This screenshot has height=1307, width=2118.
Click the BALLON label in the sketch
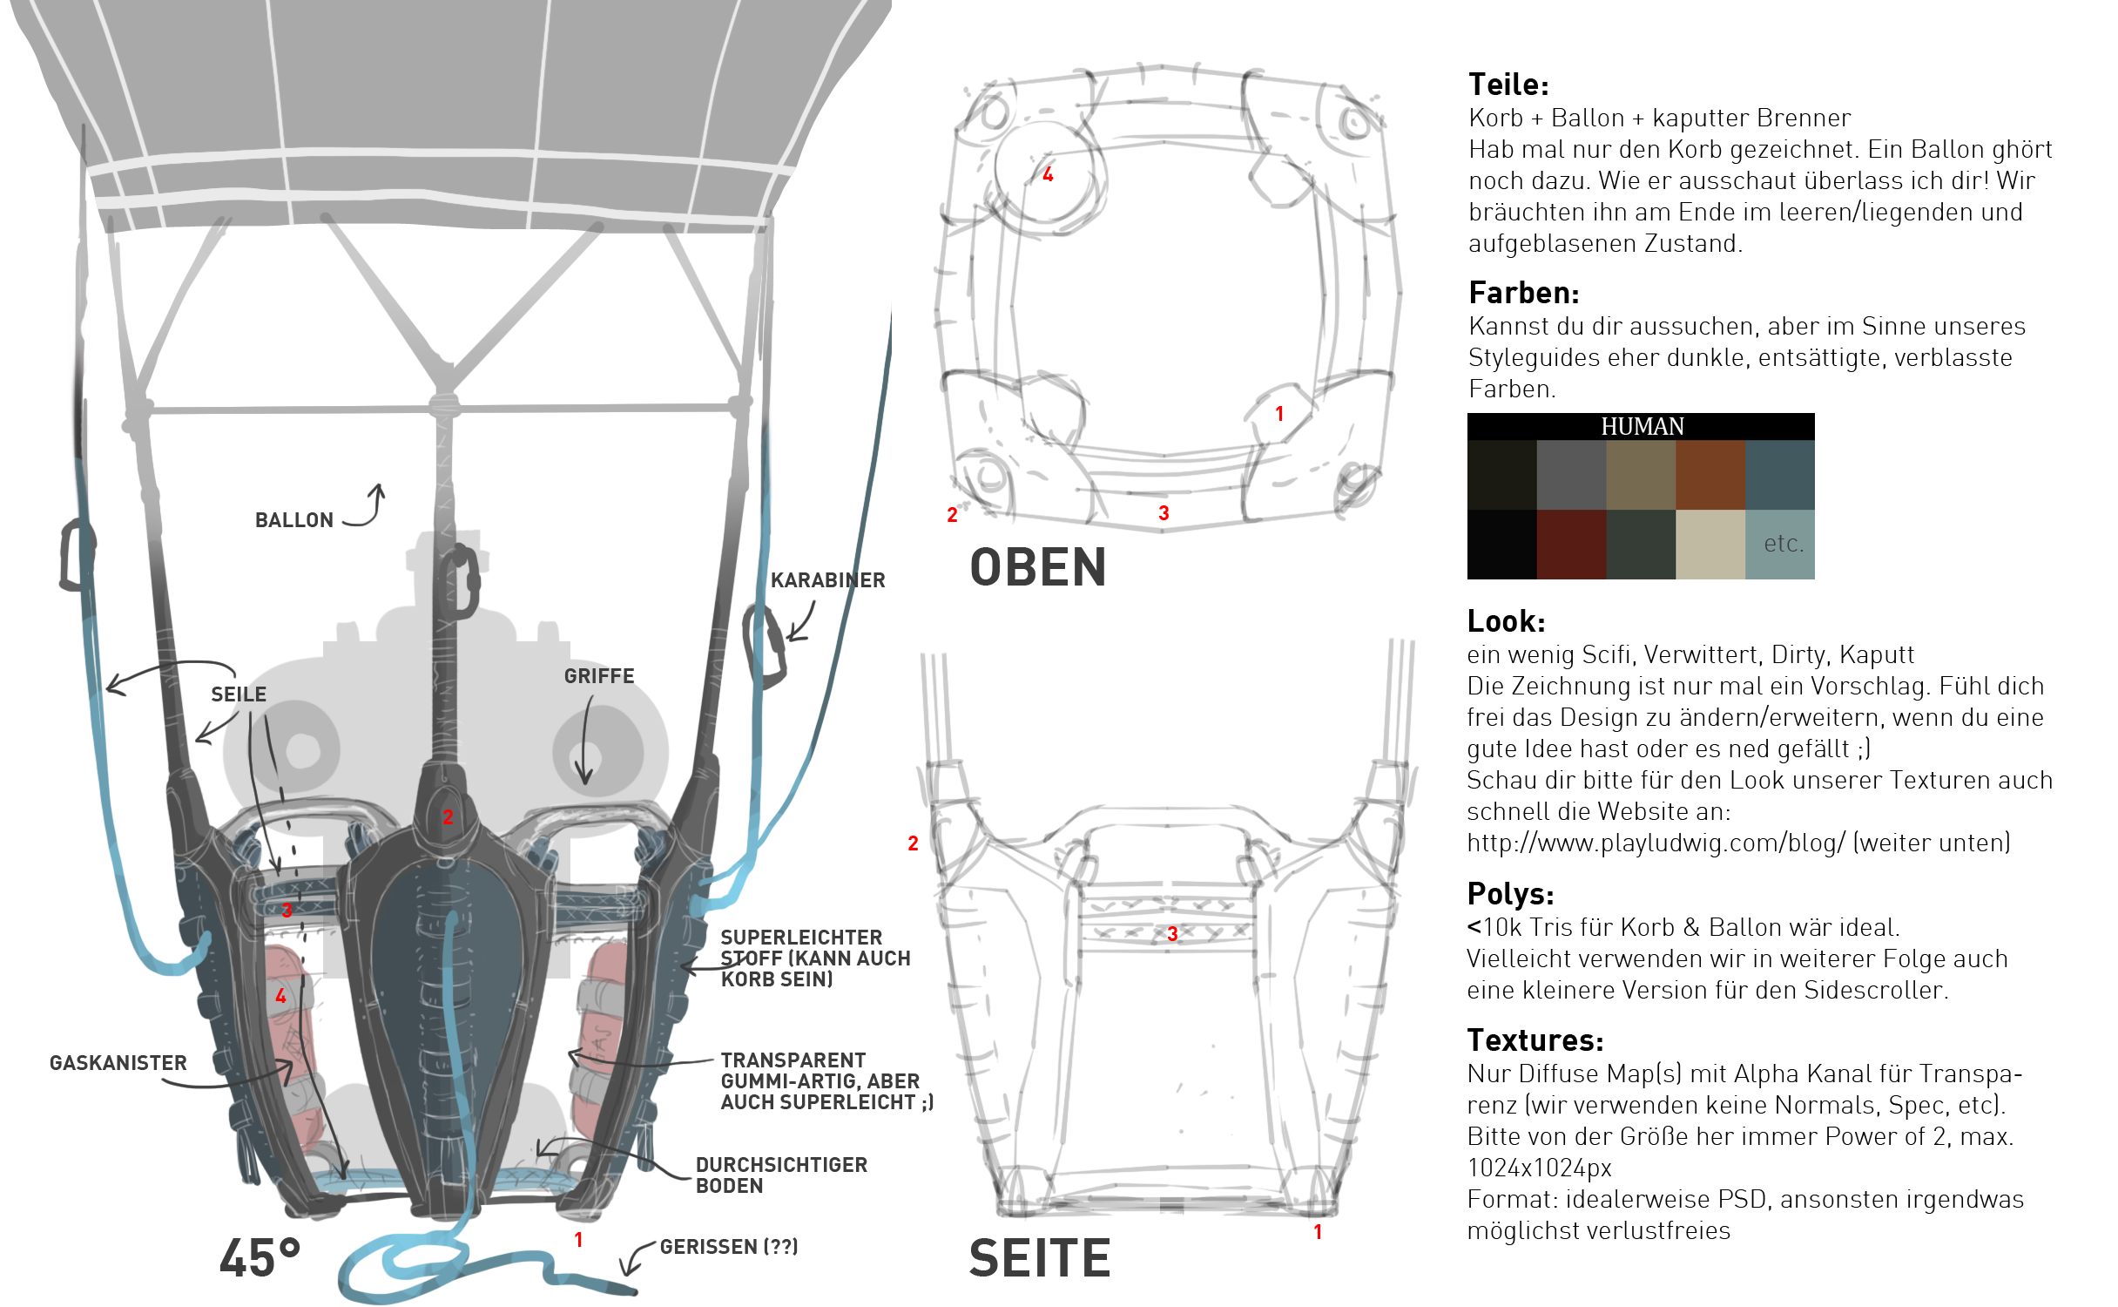pyautogui.click(x=294, y=520)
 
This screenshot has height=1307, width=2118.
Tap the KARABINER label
pyautogui.click(x=827, y=580)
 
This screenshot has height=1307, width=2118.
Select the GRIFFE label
pyautogui.click(x=599, y=676)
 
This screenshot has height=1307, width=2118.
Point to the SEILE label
pyautogui.click(x=239, y=694)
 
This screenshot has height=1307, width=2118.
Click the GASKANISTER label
pyautogui.click(x=118, y=1063)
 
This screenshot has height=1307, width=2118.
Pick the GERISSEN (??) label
pyautogui.click(x=729, y=1247)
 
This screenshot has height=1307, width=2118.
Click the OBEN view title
pyautogui.click(x=1038, y=568)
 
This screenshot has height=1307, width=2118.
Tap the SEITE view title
pyautogui.click(x=1040, y=1258)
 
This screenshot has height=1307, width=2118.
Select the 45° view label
pyautogui.click(x=260, y=1258)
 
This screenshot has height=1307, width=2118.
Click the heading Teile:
pyautogui.click(x=1508, y=85)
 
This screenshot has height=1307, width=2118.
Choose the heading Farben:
pyautogui.click(x=1523, y=294)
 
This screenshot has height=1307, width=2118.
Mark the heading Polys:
pyautogui.click(x=1510, y=895)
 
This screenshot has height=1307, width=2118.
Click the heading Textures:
pyautogui.click(x=1535, y=1041)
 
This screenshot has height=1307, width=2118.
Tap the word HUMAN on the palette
pyautogui.click(x=1642, y=427)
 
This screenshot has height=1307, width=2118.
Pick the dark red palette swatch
pyautogui.click(x=1571, y=545)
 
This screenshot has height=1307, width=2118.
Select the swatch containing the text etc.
pyautogui.click(x=1780, y=545)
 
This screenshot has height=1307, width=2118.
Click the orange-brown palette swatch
pyautogui.click(x=1710, y=475)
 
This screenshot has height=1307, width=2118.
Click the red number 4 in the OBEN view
pyautogui.click(x=1048, y=175)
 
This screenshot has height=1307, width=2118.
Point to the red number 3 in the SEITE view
pyautogui.click(x=1172, y=934)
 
